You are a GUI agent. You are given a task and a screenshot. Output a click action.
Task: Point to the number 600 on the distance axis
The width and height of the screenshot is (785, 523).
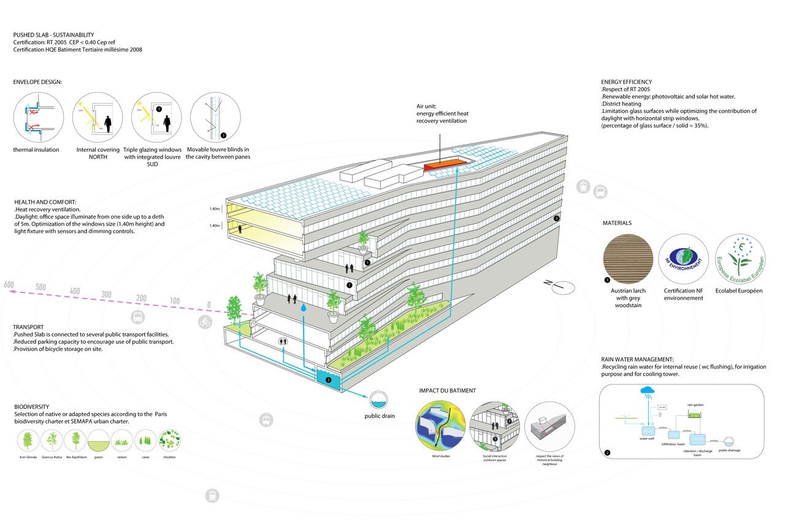(x=8, y=285)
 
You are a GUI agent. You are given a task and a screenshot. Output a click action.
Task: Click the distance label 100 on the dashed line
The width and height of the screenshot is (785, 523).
(x=175, y=301)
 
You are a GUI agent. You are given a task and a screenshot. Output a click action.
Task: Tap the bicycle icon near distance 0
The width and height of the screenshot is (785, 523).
(x=205, y=322)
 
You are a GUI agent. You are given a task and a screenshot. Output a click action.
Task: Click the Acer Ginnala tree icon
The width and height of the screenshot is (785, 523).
(x=27, y=440)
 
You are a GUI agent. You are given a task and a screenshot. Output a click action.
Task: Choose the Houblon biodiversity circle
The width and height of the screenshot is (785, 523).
(x=169, y=440)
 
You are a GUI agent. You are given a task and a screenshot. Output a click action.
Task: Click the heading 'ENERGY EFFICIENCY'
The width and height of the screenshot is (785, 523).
(x=626, y=82)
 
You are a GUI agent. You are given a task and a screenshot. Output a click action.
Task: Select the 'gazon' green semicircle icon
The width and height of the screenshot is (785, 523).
(x=98, y=440)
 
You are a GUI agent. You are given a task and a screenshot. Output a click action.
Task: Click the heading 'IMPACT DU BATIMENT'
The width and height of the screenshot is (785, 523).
(x=447, y=391)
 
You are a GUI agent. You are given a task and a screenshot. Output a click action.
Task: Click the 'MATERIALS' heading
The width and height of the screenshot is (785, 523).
(x=617, y=223)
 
